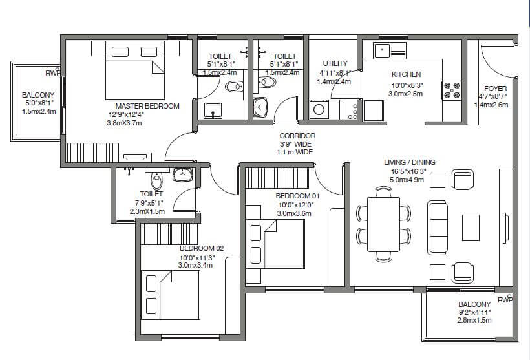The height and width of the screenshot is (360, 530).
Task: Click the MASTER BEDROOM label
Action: point(147,106)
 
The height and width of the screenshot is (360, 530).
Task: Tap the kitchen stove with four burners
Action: point(450,89)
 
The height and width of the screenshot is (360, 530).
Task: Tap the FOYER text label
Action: point(496,89)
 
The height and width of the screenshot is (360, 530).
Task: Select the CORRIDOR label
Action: point(297,136)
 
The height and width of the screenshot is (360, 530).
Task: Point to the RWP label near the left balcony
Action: point(53,73)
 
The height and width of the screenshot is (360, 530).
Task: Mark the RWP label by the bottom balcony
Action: point(505,300)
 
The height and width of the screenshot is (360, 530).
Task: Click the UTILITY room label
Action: point(335,63)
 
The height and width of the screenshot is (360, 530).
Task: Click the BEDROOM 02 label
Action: point(201,248)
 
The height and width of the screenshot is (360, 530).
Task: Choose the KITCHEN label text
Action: point(406,75)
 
